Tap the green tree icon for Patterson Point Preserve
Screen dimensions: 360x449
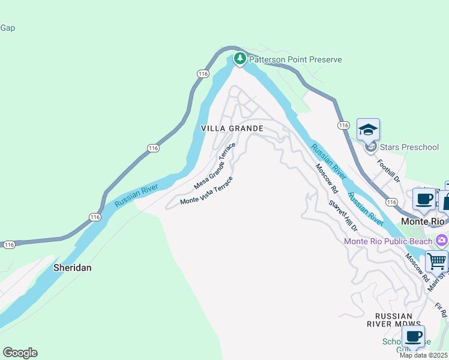pos(240,58)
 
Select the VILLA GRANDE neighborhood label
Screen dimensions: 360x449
pos(232,128)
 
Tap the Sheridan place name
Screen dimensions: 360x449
pos(73,268)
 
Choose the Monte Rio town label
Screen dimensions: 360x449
pos(423,221)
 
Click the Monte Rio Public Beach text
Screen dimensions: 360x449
pos(388,241)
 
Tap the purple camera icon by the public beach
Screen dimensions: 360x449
pos(442,241)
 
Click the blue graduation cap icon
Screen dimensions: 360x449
pos(368,129)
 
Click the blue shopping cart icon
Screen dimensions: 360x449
pos(436,262)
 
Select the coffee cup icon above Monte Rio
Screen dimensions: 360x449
pos(424,199)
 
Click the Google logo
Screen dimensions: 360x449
pos(20,353)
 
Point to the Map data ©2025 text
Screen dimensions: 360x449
pos(424,355)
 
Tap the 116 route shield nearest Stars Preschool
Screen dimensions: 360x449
pos(343,125)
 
